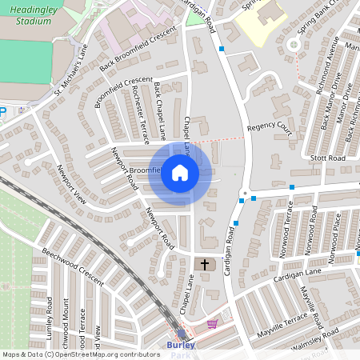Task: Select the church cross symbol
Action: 204,264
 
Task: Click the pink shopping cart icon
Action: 212,324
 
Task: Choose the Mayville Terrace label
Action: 282,325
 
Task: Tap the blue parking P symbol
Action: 2,113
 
